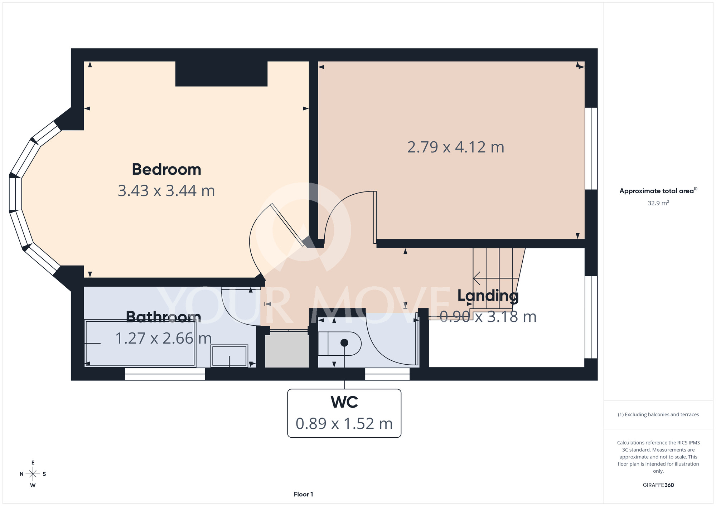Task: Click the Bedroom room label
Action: coord(166,170)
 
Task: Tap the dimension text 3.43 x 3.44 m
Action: coord(166,191)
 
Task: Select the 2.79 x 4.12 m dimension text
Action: coord(456,147)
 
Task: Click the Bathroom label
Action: coord(164,317)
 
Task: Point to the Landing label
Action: coord(488,296)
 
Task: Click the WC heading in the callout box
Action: coord(344,402)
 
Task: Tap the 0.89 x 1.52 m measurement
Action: coord(344,424)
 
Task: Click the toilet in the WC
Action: coord(340,344)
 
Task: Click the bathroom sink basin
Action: coord(229,356)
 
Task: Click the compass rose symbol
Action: coord(33,474)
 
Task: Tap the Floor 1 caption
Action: coord(304,494)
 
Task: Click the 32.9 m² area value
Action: coord(658,203)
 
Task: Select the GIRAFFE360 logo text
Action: coord(658,485)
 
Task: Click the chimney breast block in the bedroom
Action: coord(221,74)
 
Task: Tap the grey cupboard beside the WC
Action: coord(287,350)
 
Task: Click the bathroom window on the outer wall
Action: coord(165,374)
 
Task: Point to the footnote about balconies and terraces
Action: coord(658,414)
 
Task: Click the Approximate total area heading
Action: coord(658,191)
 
